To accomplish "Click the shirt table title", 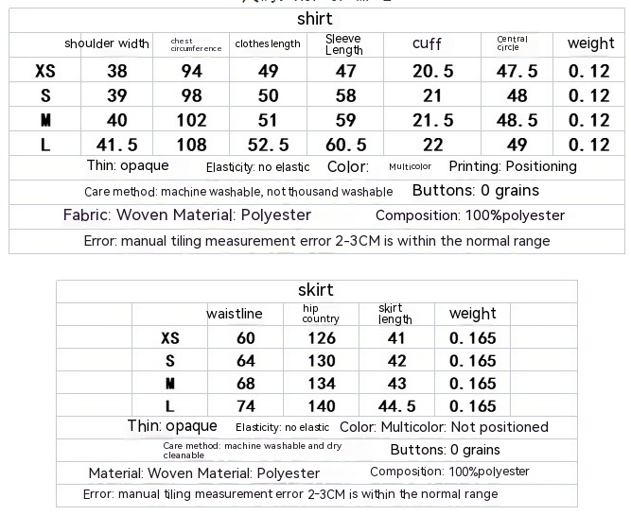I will click(315, 19).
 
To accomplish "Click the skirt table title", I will click(315, 290).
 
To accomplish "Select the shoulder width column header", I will click(107, 43).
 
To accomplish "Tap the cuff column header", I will click(427, 43).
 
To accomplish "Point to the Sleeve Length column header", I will click(343, 44).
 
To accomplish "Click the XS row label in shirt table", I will click(44, 71).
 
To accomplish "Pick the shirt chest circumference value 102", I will click(192, 120).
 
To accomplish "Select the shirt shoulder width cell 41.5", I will click(117, 145).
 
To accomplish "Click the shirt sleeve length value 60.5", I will click(345, 145).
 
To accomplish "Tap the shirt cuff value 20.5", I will click(433, 71).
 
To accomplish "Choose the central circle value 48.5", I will click(517, 120).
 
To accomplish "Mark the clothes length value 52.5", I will click(268, 145).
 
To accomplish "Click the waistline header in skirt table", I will click(235, 314).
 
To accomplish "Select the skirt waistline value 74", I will click(246, 406).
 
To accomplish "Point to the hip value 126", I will click(322, 338).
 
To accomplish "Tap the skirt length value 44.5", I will click(397, 406).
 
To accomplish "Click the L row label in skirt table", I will click(170, 406).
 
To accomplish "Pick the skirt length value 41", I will click(397, 338).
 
